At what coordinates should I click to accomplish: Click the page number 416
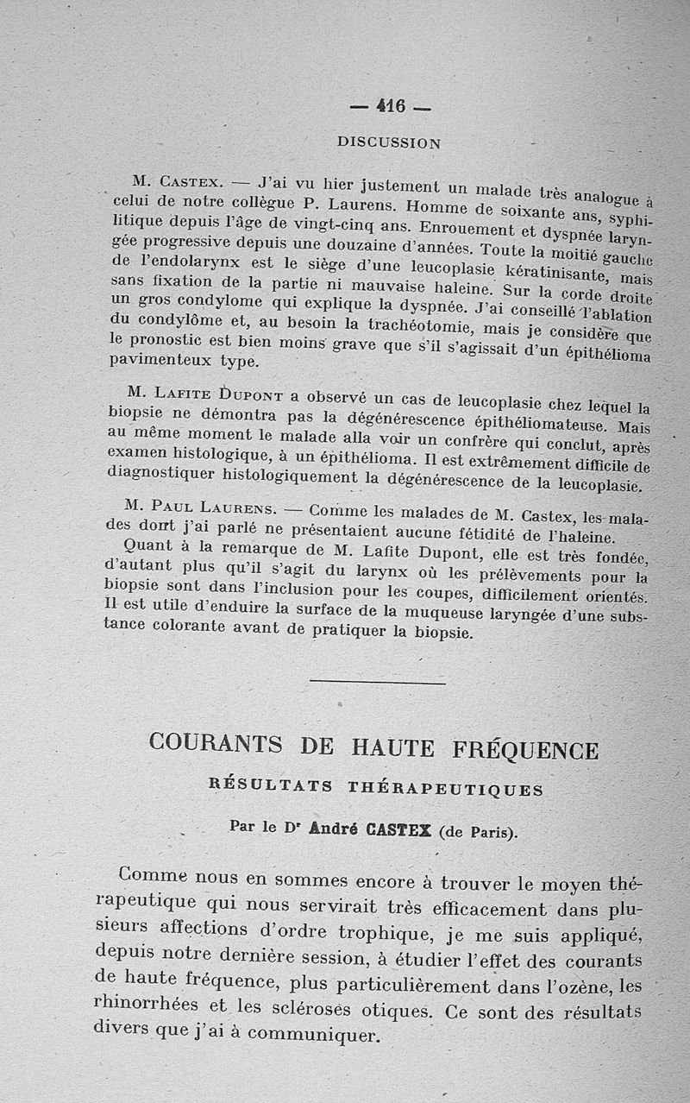(x=391, y=107)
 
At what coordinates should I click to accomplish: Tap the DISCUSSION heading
(x=389, y=142)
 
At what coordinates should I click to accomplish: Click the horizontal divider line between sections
(x=378, y=683)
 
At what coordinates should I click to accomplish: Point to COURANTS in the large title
(x=216, y=742)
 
